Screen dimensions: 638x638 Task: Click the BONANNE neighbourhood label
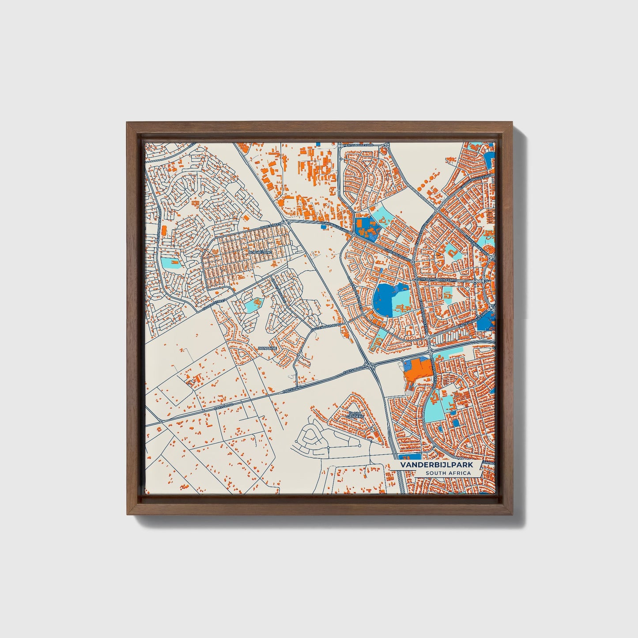click(x=268, y=348)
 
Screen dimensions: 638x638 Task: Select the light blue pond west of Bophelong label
click(x=170, y=263)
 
